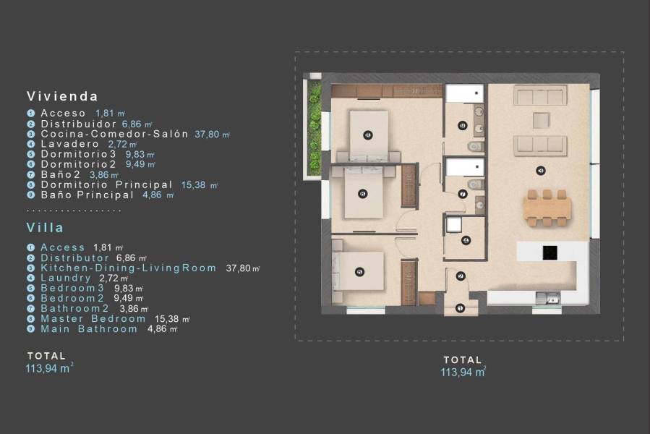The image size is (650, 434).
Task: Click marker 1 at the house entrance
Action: [x=460, y=308]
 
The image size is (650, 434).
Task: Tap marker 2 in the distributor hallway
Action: [x=460, y=276]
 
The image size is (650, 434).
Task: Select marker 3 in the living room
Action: [x=541, y=171]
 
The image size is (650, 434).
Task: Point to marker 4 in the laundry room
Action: [x=466, y=240]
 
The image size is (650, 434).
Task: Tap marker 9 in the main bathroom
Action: [x=463, y=125]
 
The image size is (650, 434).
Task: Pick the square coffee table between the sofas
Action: [x=540, y=120]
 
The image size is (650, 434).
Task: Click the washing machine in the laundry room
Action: [x=453, y=225]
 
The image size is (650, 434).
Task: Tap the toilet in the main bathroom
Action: [x=474, y=148]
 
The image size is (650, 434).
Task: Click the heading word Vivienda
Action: [x=62, y=95]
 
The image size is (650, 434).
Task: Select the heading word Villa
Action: [x=46, y=226]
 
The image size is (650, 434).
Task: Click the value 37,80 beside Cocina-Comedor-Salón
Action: [x=212, y=134]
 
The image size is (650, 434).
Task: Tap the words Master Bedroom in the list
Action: [x=93, y=318]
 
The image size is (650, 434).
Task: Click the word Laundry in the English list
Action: [x=66, y=278]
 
